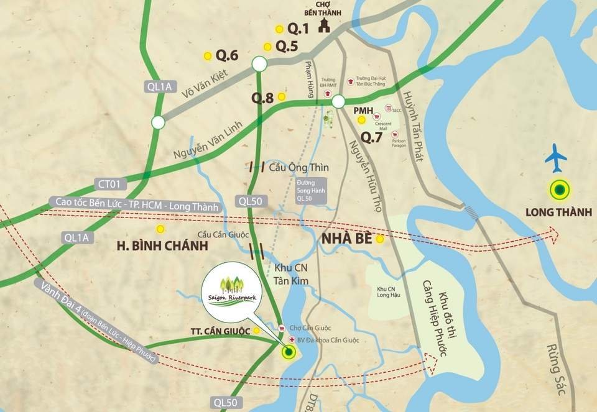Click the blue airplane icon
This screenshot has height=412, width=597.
point(556,158)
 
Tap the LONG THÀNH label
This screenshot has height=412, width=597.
point(558,213)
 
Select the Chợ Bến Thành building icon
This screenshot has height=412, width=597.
point(323,25)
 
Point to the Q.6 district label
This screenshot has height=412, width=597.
point(227,55)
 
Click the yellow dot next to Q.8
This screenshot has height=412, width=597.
point(282,97)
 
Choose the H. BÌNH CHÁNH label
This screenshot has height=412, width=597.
point(161,245)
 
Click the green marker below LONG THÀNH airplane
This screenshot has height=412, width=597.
point(560,189)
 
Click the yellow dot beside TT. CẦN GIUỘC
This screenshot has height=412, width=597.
point(256,331)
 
